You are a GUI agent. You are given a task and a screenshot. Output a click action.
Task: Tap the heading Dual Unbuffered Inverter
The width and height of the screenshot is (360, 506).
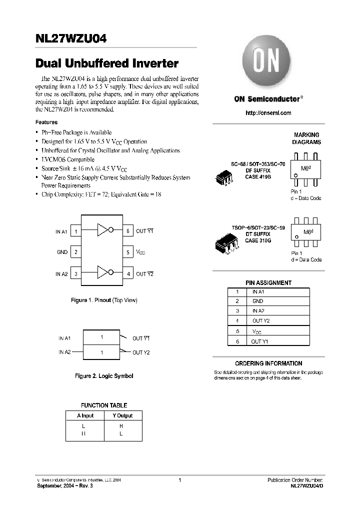pos(107,64)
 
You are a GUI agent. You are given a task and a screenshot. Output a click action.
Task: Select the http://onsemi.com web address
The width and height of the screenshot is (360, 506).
pos(268,113)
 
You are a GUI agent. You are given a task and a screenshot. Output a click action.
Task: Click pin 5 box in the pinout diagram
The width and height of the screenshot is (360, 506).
pos(128,252)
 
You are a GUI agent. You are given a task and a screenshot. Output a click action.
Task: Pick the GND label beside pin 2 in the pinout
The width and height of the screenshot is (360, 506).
pos(62,252)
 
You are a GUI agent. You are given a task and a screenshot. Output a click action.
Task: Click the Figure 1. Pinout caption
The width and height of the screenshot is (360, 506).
pos(103,300)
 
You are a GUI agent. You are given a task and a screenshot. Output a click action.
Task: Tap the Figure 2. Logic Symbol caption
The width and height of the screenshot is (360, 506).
pos(104,376)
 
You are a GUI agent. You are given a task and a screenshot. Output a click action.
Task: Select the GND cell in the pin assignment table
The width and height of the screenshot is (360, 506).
pos(257,301)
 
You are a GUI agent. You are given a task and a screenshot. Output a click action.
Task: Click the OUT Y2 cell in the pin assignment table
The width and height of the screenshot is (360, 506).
pos(260,321)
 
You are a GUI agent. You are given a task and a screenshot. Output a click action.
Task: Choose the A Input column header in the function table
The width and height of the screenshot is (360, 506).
pos(85,415)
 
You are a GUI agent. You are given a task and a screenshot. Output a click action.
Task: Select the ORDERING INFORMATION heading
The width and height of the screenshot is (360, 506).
pos(268,363)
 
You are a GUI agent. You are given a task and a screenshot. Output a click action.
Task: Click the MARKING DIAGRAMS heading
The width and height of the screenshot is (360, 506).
pos(306,138)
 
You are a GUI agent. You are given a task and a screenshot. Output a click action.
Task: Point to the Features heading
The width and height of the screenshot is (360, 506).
pos(46,122)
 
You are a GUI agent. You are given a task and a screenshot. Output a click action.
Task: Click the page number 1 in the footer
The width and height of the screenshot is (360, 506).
pos(179,480)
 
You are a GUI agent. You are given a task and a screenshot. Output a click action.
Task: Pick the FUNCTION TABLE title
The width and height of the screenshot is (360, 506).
pos(104,405)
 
